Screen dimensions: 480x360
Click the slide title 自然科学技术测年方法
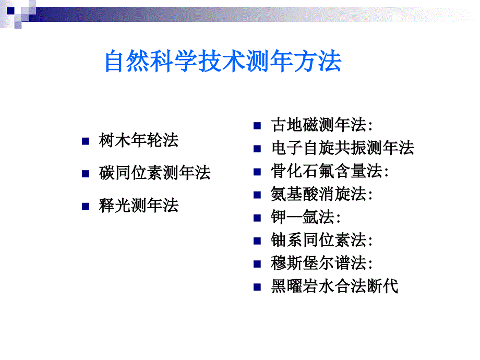(x=223, y=61)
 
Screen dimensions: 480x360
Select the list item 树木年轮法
(x=139, y=140)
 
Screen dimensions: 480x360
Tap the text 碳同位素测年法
(x=154, y=173)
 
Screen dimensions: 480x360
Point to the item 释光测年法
(x=139, y=205)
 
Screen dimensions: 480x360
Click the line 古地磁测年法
(x=321, y=125)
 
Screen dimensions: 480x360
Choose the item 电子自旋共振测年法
(x=343, y=148)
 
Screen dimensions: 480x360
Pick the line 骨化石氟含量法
(x=329, y=171)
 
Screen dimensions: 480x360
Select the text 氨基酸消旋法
(x=321, y=194)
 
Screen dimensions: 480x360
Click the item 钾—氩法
(x=306, y=217)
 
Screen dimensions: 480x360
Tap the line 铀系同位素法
(x=321, y=239)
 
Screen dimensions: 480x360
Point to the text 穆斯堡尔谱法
(x=321, y=263)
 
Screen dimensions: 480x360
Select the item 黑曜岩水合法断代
(x=334, y=286)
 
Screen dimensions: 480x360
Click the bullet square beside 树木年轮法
(x=86, y=141)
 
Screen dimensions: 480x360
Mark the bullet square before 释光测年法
(x=86, y=206)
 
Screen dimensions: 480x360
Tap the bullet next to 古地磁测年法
(x=257, y=126)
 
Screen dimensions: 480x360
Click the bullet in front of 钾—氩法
(x=257, y=218)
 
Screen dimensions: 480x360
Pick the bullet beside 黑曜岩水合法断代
(x=257, y=287)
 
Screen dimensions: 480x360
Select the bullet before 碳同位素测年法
(x=86, y=174)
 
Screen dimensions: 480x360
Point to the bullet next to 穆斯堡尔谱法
(x=257, y=264)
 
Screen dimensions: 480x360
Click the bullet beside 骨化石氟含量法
(x=257, y=172)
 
